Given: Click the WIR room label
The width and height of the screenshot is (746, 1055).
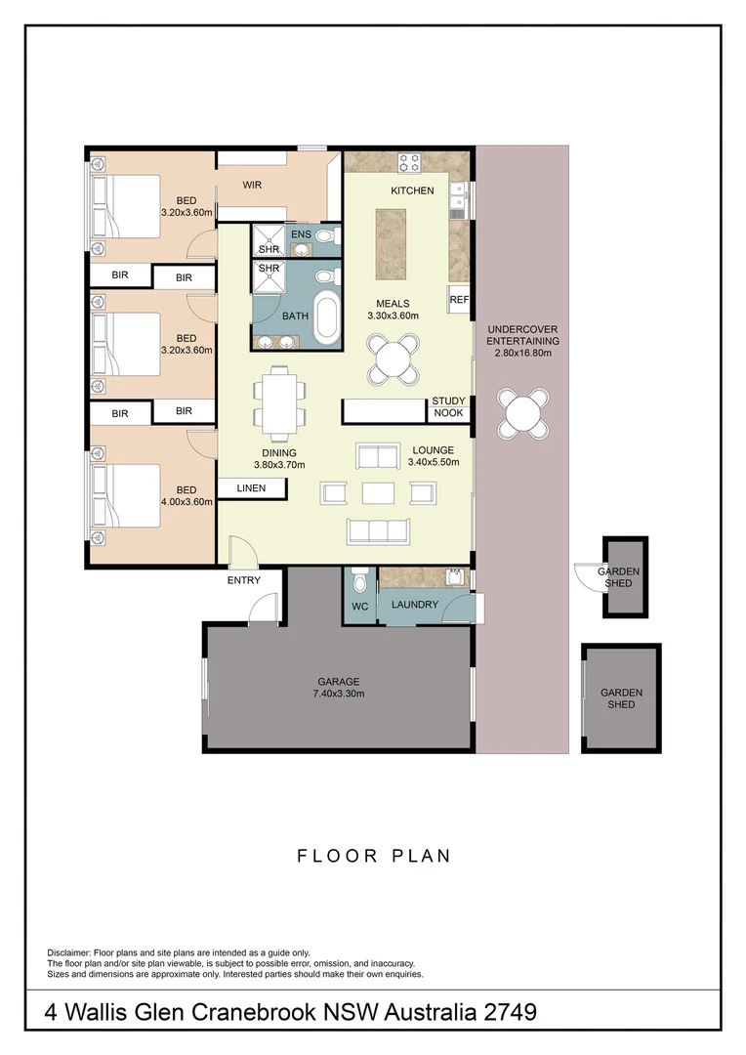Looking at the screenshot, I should click(x=252, y=185).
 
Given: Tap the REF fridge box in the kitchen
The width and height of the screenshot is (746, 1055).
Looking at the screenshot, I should click(x=459, y=301).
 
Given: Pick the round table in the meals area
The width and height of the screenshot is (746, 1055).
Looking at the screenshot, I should click(x=394, y=359).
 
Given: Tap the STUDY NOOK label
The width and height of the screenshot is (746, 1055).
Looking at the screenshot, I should click(x=449, y=406).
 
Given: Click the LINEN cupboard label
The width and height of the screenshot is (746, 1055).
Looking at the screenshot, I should click(x=251, y=487).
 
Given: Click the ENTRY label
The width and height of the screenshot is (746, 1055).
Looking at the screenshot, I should click(x=243, y=580).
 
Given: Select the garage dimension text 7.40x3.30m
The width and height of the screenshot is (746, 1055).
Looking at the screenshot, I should click(x=339, y=694).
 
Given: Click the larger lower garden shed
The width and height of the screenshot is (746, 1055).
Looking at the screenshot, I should click(x=622, y=697).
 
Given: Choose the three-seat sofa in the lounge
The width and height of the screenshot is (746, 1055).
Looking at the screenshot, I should click(x=376, y=529).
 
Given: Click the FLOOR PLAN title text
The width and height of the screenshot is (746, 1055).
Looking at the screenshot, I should click(x=374, y=856).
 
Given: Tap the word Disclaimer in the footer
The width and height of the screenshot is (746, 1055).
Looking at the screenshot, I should click(x=68, y=951).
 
